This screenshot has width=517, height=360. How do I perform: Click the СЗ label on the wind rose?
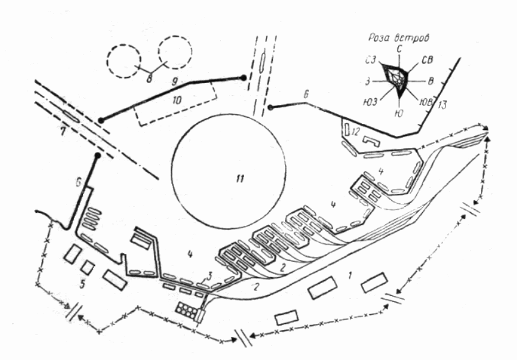click(x=368, y=60)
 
